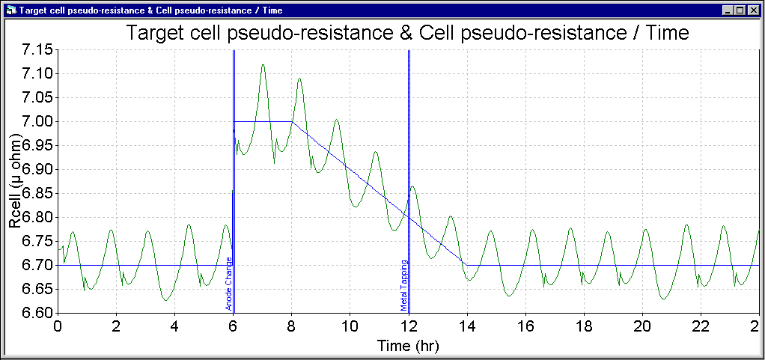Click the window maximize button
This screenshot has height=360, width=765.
coord(742,10)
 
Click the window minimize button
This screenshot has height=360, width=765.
coord(730,10)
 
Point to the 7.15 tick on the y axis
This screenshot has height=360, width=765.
coord(28,49)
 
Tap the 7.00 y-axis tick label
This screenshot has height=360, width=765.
coord(28,121)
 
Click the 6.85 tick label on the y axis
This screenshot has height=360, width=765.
coord(28,193)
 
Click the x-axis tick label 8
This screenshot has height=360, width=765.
coord(292,327)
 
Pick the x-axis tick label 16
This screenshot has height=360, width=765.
coord(525,327)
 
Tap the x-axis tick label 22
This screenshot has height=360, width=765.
coord(701,327)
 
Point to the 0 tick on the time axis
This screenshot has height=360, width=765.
coord(58,327)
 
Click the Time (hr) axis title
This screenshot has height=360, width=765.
coord(408,346)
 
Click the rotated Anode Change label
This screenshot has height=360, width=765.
coord(228,284)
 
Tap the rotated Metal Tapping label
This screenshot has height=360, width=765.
coord(403,285)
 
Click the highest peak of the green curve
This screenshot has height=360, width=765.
coord(263,65)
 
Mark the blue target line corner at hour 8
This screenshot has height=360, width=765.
coord(292,121)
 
